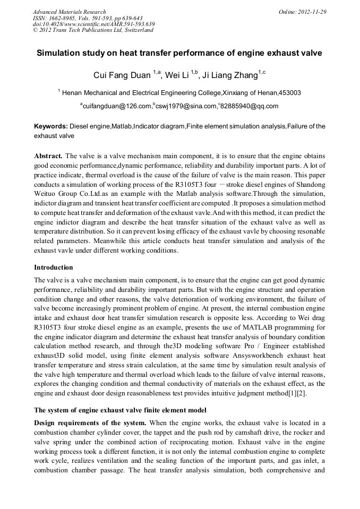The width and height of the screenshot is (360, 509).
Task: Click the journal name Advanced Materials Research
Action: [x=69, y=11]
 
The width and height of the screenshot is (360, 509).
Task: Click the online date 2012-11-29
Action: [x=311, y=11]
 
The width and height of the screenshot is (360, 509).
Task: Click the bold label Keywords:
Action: [x=51, y=126]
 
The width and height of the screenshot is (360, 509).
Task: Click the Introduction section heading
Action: [x=54, y=267]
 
